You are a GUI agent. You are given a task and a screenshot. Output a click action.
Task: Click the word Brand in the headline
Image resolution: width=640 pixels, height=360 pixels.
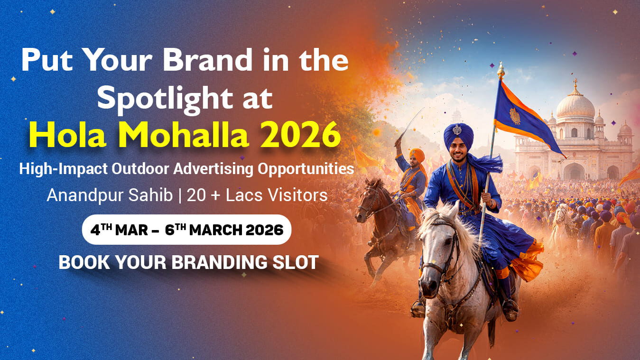(x=207, y=60)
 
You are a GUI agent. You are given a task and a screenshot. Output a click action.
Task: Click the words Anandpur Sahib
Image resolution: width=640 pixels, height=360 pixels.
(x=110, y=195)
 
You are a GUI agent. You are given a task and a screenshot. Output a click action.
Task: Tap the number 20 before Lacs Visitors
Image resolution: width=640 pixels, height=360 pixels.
(x=196, y=196)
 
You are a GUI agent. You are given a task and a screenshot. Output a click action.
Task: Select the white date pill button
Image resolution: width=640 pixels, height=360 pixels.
(x=186, y=230)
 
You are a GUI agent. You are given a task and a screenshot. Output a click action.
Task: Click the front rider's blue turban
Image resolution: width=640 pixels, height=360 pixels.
(x=459, y=136)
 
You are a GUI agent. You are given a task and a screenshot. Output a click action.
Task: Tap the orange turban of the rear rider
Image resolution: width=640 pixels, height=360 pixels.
(x=417, y=155)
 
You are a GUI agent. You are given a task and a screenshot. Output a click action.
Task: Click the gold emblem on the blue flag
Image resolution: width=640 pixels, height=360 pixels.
(x=515, y=116)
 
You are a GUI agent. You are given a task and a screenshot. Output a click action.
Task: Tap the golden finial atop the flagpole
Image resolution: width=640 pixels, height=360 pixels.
(x=501, y=70)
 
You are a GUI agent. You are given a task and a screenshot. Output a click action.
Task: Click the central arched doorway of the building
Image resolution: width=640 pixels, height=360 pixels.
(x=574, y=171)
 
